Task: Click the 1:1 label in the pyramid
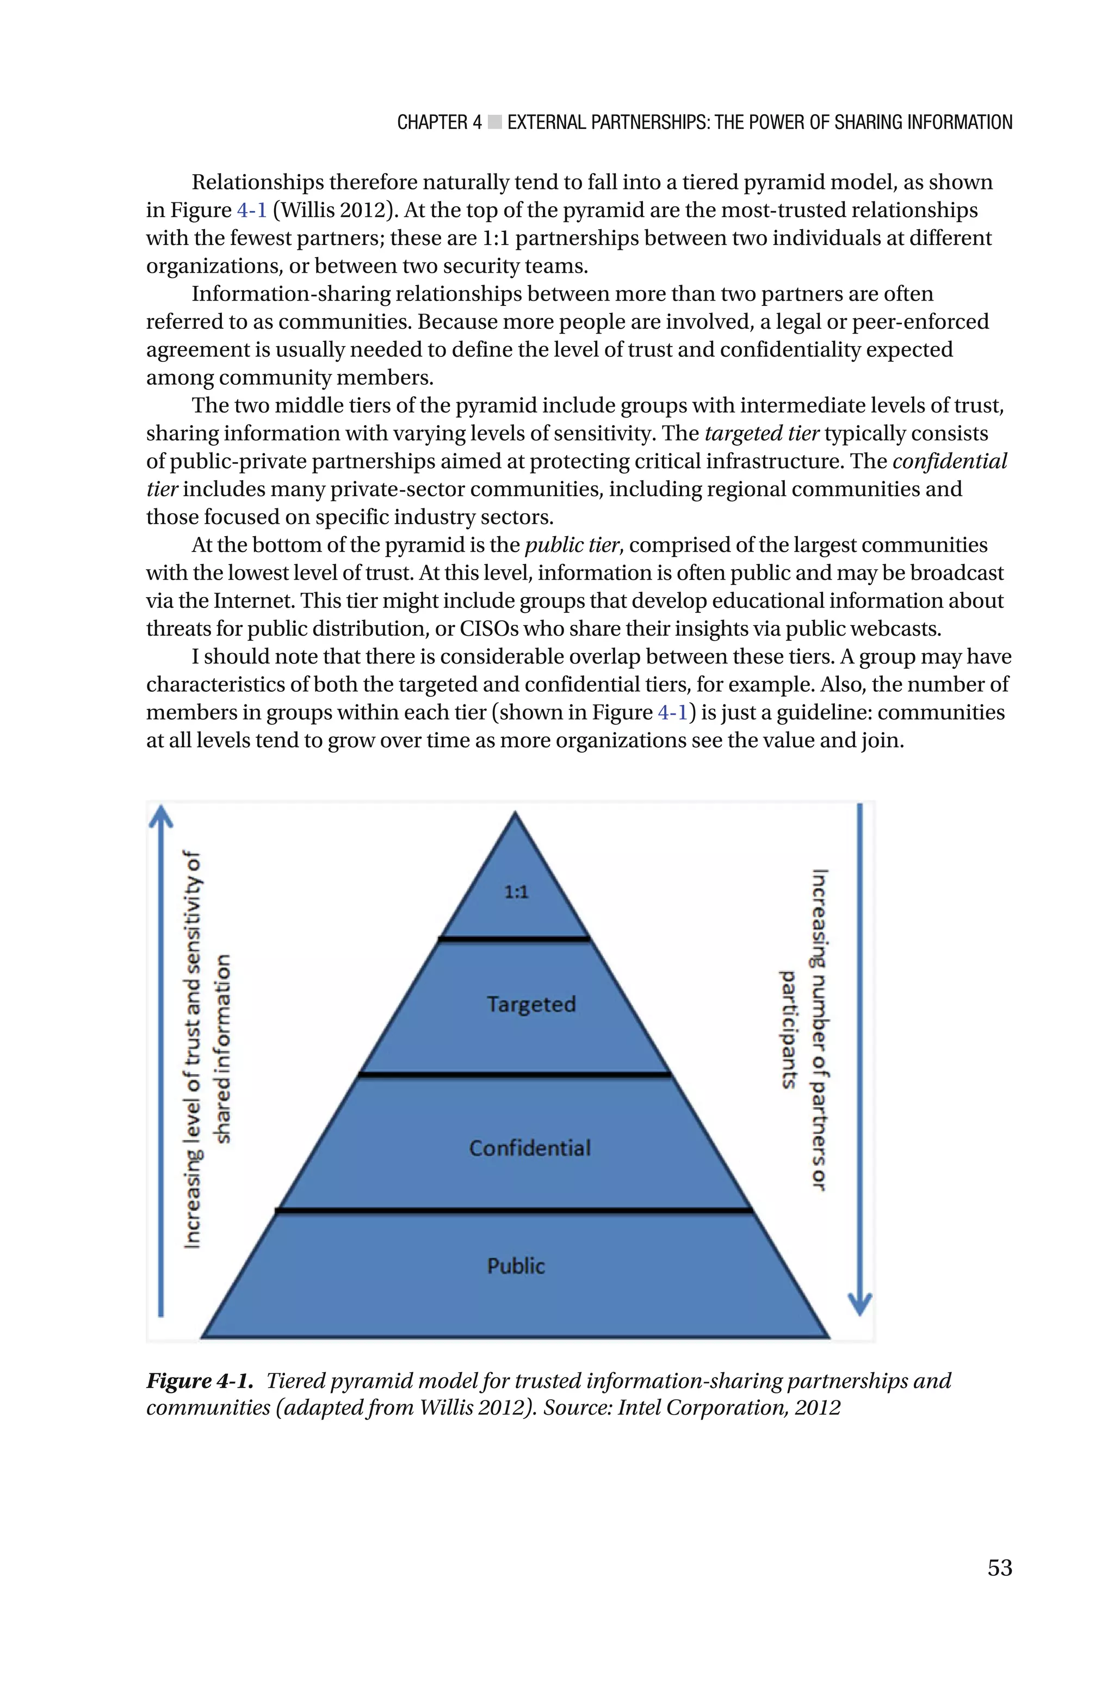point(517,892)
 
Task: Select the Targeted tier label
point(531,1004)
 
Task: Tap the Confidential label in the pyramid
point(529,1148)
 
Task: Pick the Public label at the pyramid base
point(516,1265)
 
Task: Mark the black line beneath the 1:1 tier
point(515,939)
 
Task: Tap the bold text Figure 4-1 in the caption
point(200,1380)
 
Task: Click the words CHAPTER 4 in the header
point(439,122)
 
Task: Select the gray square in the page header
point(495,123)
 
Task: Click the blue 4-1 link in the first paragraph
point(251,210)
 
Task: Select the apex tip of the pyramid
point(515,814)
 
